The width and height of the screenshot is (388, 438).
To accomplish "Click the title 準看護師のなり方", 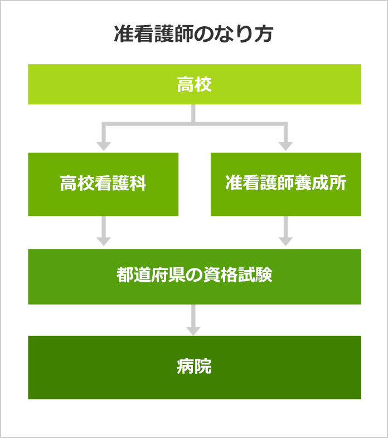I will coord(193,34).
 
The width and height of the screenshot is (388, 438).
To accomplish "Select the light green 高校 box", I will coord(195,84).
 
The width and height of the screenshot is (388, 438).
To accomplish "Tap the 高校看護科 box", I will coord(103,184).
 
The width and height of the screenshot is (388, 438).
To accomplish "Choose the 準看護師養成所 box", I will coord(286,184).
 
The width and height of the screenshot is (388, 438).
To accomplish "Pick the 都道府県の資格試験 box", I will coord(195,276).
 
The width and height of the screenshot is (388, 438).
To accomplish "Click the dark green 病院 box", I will coord(195,367).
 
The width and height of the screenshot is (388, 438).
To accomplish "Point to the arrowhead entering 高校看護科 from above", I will coord(103,146).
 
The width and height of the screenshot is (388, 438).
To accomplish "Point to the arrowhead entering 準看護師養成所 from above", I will coord(286,146).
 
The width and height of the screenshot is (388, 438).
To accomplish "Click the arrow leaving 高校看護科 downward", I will coord(103,232).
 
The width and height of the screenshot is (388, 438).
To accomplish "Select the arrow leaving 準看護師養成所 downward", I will coord(286,232).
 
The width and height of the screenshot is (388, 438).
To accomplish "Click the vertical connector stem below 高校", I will coord(193,113).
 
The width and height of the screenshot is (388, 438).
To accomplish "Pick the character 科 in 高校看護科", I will coord(138,184).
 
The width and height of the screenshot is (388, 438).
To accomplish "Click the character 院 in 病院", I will coord(203,367).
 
